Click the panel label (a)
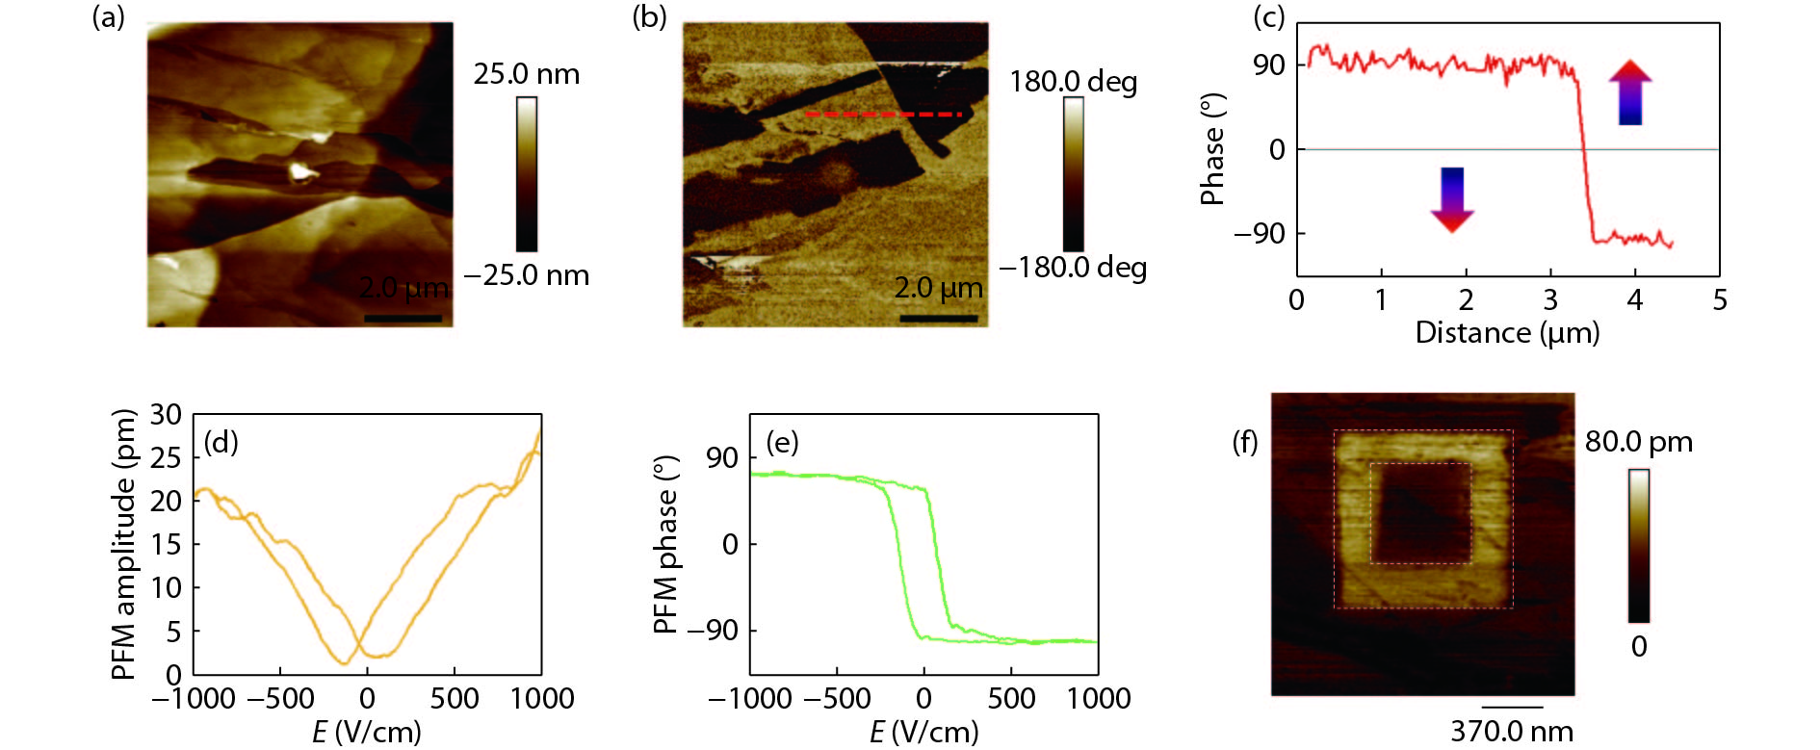(x=108, y=17)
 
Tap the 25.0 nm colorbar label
(x=526, y=74)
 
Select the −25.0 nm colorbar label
(x=526, y=275)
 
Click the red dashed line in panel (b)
(x=883, y=115)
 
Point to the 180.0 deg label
(x=1073, y=82)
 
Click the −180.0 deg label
(x=1073, y=267)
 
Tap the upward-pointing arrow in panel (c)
(x=1630, y=92)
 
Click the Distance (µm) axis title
(x=1507, y=333)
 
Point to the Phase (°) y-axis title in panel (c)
(x=1212, y=149)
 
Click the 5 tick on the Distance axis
(x=1720, y=300)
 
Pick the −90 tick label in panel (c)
(x=1260, y=234)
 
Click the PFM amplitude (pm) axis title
(x=124, y=544)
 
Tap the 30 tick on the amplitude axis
(x=166, y=415)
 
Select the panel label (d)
(x=221, y=443)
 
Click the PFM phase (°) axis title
(x=666, y=544)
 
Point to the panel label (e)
(x=782, y=443)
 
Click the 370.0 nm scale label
(x=1512, y=732)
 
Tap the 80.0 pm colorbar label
(x=1638, y=442)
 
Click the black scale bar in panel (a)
(x=403, y=318)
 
